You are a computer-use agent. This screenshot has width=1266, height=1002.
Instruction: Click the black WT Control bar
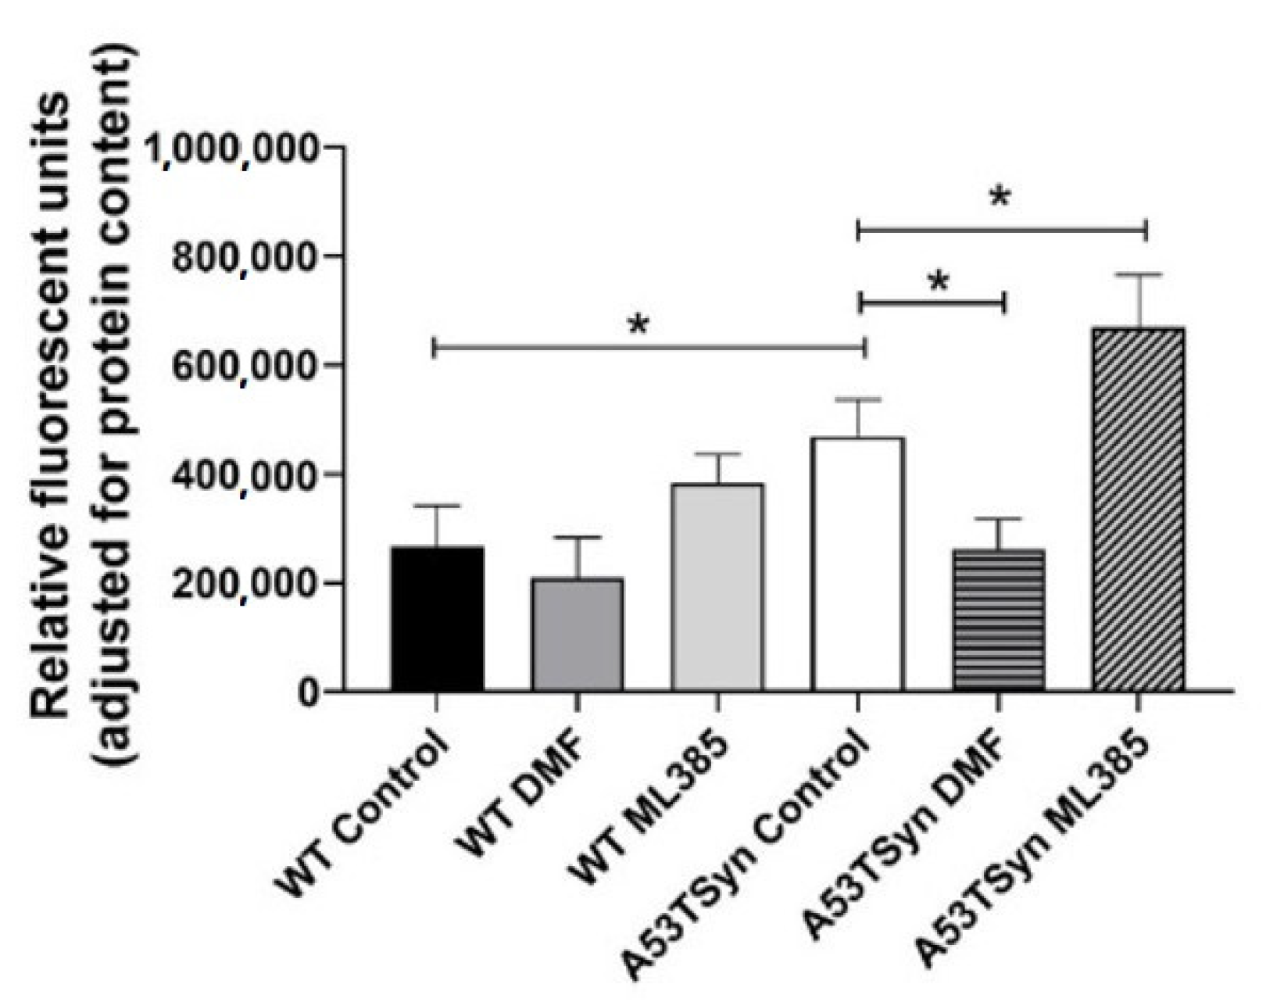437,618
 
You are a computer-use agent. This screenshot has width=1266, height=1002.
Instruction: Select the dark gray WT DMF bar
577,635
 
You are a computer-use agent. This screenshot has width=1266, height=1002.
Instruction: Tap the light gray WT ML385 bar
717,587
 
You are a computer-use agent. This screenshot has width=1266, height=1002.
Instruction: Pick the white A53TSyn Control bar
857,564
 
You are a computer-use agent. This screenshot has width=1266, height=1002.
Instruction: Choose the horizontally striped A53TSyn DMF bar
998,620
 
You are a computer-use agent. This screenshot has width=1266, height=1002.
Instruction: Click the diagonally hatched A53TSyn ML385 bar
1138,509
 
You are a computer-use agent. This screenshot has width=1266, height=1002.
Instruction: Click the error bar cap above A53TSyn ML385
1138,274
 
